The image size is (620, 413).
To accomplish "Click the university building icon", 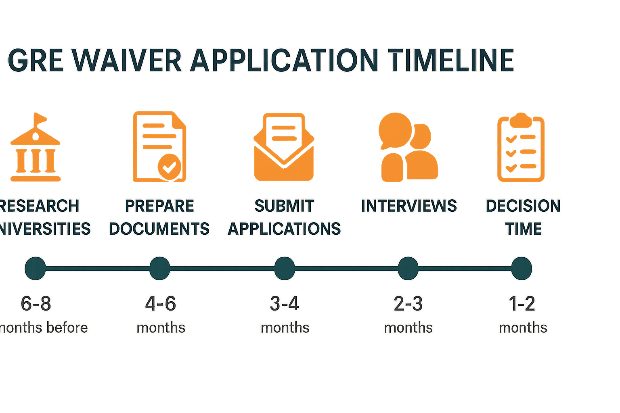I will point(36,149).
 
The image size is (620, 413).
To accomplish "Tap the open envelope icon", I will point(284,147).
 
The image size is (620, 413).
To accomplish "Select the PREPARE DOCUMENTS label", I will point(159,217).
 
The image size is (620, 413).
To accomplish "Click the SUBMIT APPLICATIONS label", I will point(284,217).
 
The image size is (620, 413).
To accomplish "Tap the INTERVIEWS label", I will point(408,206).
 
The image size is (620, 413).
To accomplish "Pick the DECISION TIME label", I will point(523,217).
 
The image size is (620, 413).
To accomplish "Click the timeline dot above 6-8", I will point(35,268).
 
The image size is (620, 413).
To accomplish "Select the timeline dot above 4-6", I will point(159,268).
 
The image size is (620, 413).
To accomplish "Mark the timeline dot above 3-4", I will point(284,268).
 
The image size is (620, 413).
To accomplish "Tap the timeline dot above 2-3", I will point(408,268).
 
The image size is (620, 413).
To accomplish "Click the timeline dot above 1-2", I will point(521,268).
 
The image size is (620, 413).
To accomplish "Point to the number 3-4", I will point(285,303).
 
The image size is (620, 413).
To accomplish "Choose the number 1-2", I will point(522,303).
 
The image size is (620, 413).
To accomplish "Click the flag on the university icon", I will point(40,118).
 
